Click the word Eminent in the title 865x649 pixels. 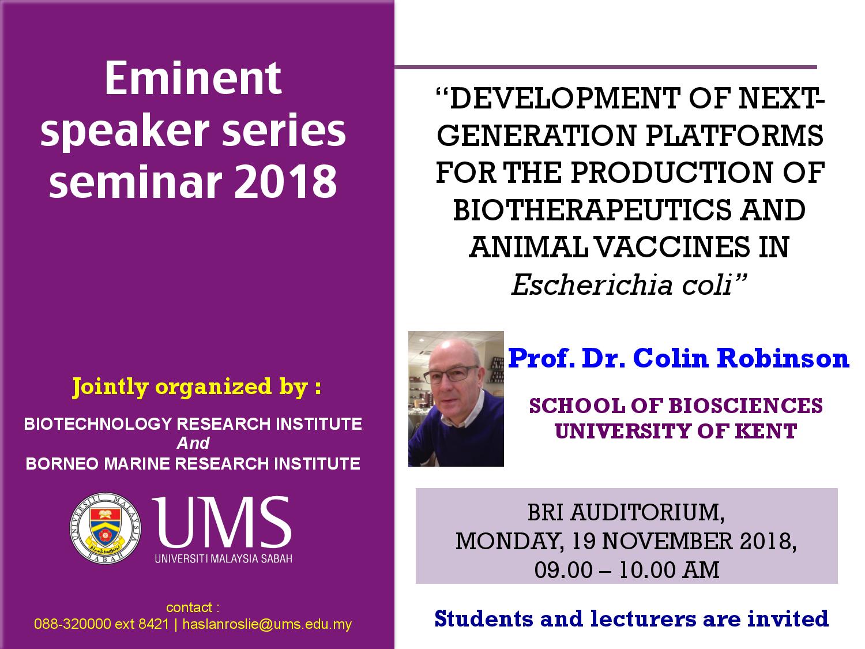point(193,78)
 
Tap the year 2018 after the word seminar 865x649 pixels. point(285,181)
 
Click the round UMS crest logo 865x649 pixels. point(105,528)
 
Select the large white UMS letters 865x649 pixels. point(221,522)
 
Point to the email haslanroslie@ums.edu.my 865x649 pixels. point(267,624)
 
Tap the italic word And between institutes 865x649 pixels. point(193,443)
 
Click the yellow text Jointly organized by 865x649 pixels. point(197,387)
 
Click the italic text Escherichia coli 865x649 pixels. point(629,284)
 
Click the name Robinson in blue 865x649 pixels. point(783,358)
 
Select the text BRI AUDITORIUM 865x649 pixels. point(626,512)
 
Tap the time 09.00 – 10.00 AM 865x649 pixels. point(627,570)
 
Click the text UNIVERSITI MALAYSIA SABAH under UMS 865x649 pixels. point(223,558)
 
